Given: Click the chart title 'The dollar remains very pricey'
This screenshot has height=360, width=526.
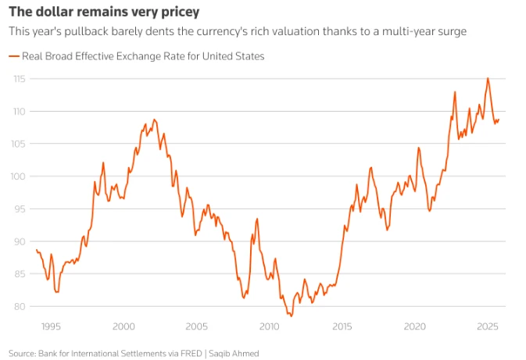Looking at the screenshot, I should pos(103,12).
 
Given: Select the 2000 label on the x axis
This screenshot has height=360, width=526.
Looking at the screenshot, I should pos(123,326).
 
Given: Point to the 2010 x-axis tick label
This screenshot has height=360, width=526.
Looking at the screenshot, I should pos(269,326).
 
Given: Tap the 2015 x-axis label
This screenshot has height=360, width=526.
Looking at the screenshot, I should pos(342,326).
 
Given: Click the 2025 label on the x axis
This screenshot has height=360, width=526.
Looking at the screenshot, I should pos(488,326).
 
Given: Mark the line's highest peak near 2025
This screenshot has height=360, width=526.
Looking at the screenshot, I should pos(488,78).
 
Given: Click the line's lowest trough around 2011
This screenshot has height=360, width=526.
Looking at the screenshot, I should pos(291,315).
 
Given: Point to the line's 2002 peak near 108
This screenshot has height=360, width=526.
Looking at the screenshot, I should pos(154,119).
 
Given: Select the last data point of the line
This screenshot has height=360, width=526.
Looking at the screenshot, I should pos(499,119).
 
